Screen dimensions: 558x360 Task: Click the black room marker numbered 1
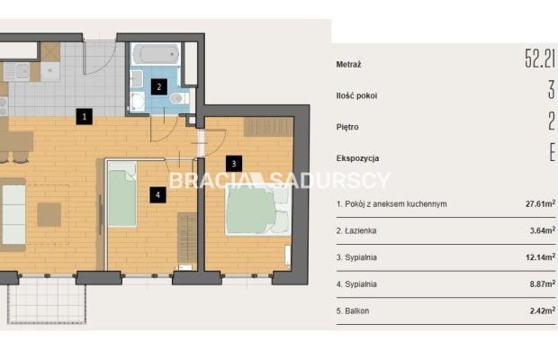point(84,116)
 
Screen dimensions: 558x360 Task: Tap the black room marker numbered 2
point(159,86)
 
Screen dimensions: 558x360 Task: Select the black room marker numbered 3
point(234,164)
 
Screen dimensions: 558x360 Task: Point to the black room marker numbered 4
point(157,195)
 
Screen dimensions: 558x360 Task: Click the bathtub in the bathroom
point(157,54)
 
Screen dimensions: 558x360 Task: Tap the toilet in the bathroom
point(179,98)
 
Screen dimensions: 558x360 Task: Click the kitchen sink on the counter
point(16,72)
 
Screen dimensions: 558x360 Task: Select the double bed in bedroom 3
point(258,210)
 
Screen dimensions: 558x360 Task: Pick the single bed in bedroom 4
point(122,194)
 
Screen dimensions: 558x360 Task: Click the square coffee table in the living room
point(49,214)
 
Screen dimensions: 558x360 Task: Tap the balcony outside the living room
point(47,300)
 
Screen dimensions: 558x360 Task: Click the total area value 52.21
point(540,58)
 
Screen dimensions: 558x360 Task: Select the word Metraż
point(349,65)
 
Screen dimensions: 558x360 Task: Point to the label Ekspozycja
point(357,158)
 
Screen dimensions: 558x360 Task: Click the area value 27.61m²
point(540,203)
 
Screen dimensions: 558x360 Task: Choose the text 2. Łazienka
point(356,230)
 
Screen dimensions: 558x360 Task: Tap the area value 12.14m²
point(540,256)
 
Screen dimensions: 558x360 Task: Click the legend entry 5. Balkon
point(353,310)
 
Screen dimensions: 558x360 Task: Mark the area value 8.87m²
point(543,283)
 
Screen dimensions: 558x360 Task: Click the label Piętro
point(347,127)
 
